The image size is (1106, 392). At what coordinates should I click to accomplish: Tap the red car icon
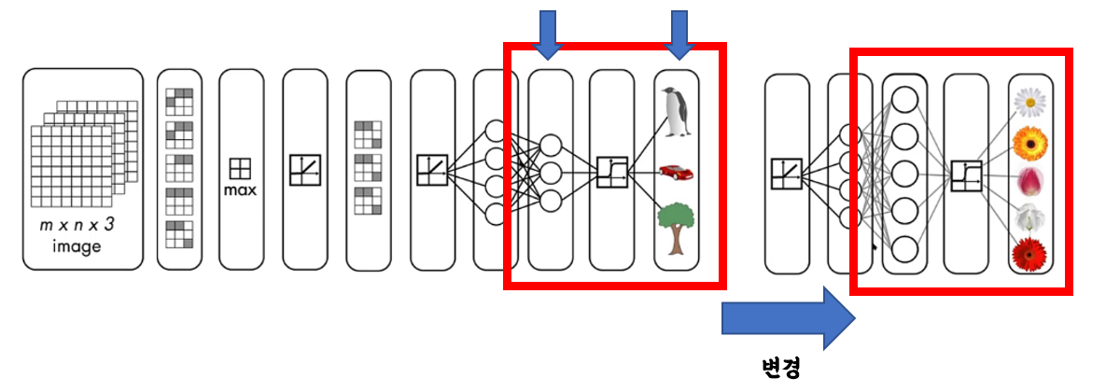tap(676, 172)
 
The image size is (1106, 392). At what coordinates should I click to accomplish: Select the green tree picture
tap(676, 230)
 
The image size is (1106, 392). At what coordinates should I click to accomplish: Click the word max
tap(241, 190)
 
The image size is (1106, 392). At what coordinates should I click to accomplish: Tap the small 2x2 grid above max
tap(241, 169)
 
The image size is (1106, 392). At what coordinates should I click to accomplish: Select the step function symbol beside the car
tap(610, 173)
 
